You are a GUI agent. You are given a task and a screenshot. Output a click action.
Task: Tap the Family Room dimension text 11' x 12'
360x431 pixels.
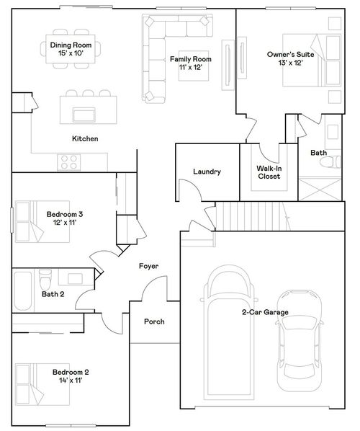click(190, 67)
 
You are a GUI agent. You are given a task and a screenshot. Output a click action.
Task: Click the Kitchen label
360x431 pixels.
click(84, 138)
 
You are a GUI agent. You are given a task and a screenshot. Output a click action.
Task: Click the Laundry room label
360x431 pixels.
click(206, 172)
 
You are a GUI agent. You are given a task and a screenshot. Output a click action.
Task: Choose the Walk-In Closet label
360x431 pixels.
click(268, 172)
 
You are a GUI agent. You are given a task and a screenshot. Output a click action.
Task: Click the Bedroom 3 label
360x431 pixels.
click(65, 214)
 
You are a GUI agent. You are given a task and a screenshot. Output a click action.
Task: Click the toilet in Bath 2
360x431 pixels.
click(45, 277)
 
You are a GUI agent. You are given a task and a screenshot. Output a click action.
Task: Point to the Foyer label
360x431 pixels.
click(148, 266)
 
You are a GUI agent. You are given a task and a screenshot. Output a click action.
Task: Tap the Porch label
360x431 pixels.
click(154, 321)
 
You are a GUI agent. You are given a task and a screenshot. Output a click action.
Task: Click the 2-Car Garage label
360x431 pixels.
click(265, 312)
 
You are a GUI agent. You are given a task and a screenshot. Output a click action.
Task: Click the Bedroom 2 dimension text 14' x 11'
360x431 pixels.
click(71, 381)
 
